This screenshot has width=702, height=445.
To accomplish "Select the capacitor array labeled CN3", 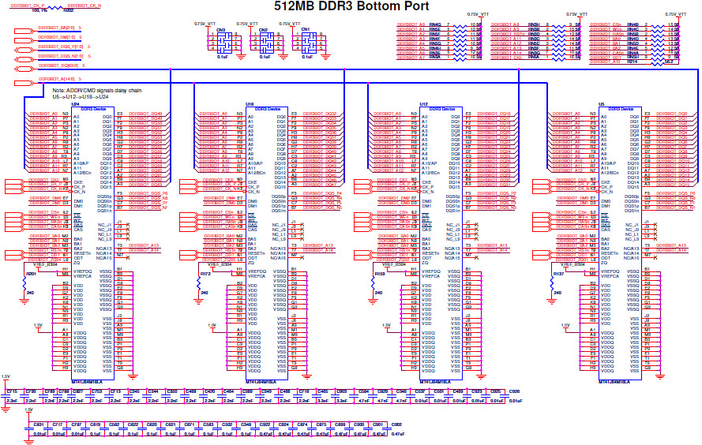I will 221,44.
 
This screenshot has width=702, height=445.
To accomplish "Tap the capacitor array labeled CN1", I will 305,44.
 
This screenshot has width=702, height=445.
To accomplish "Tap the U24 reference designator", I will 76,104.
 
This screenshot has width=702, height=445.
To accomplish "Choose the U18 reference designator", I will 250,104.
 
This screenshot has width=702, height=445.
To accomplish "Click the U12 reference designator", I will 423,104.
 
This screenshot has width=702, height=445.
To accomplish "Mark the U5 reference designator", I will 601,104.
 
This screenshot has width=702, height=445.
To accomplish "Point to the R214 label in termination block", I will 632,62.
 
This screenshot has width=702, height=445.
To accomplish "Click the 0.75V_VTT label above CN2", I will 261,24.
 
